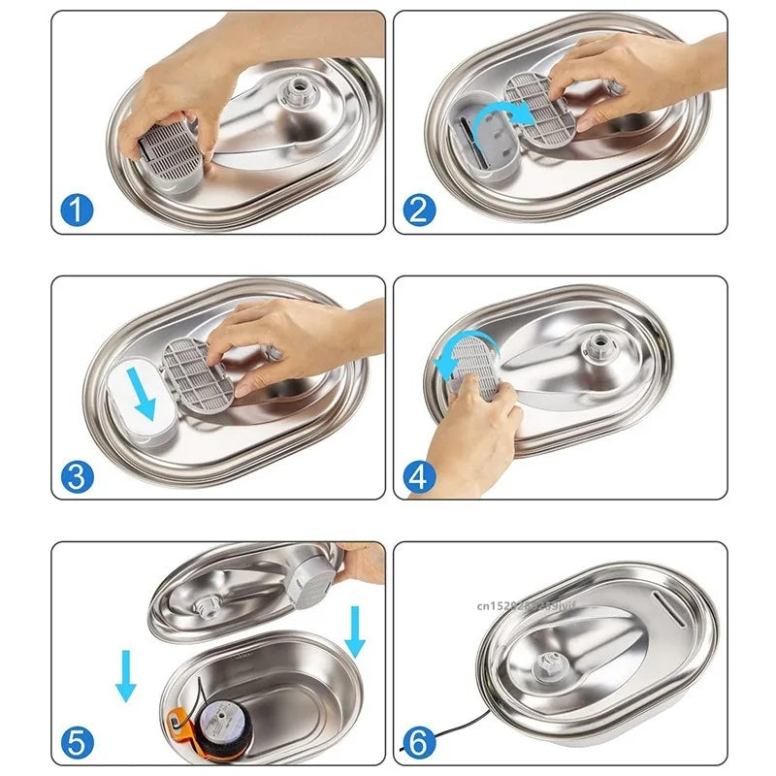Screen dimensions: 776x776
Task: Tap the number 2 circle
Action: pos(419,209)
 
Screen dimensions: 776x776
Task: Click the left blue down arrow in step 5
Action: pos(126,676)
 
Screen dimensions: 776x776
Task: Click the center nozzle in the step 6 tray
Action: pos(549,667)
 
